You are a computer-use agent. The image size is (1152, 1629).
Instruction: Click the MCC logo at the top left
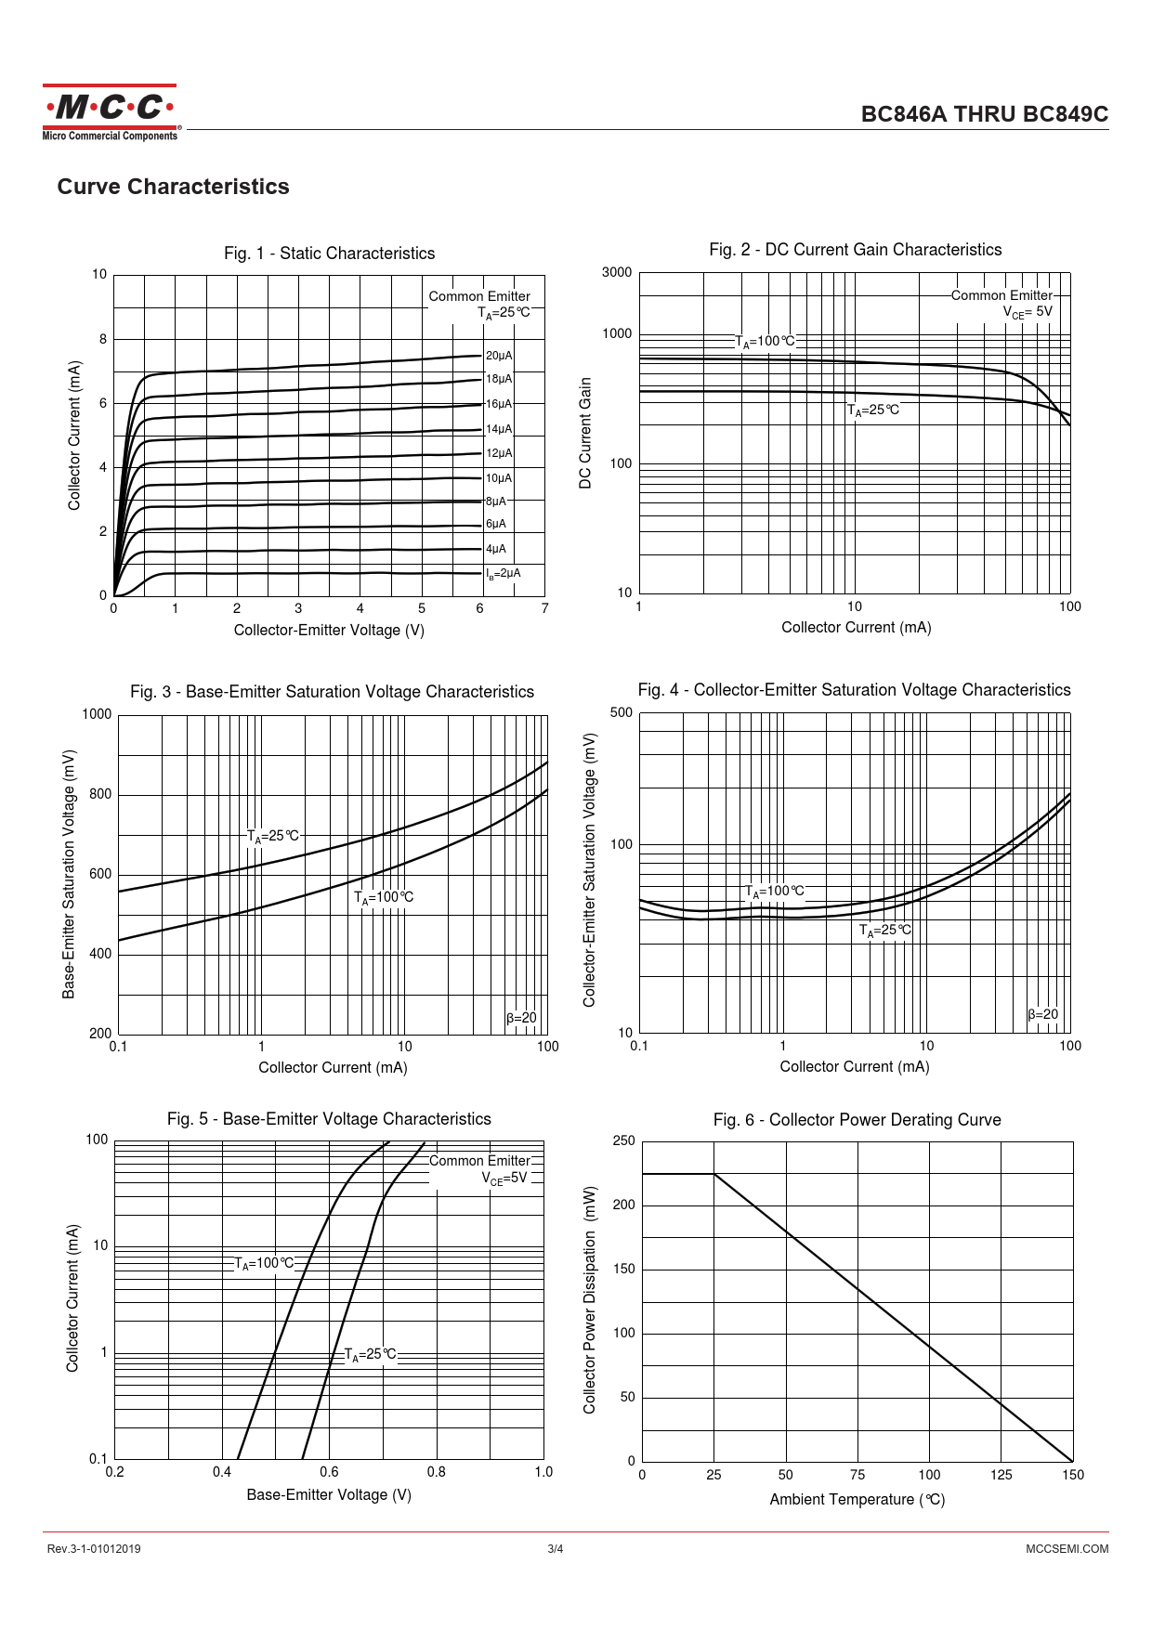110,112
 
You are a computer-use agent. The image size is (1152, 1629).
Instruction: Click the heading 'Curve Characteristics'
173,187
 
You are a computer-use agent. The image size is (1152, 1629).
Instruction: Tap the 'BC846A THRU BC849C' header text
984,114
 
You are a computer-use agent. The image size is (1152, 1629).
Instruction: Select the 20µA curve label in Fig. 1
499,356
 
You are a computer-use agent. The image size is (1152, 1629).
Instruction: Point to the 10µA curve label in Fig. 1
499,478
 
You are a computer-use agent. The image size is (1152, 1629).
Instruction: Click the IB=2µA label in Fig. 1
503,574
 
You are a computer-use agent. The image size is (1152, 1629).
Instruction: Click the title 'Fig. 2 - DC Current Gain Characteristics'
855,250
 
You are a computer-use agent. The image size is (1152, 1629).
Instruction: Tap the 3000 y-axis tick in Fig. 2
617,273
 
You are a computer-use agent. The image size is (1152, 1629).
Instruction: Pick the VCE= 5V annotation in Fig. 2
1028,312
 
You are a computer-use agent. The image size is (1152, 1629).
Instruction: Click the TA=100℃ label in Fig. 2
765,342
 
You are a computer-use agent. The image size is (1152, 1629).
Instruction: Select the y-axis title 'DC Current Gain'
585,433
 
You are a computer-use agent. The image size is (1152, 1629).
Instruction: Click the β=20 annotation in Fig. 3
521,1018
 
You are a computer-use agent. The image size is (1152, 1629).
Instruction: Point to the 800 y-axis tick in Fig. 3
100,794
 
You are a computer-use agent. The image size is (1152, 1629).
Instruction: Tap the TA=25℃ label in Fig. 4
884,931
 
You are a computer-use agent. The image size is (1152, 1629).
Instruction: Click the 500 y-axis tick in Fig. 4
622,713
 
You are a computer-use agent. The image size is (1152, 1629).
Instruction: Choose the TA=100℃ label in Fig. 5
264,1263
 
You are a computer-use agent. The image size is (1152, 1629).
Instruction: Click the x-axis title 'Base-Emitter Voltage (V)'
329,1494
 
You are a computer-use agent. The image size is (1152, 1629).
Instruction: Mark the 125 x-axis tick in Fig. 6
1001,1475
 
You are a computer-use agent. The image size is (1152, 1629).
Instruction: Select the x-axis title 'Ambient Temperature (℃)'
857,1499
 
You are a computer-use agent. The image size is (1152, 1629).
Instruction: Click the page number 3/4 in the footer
556,1548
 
